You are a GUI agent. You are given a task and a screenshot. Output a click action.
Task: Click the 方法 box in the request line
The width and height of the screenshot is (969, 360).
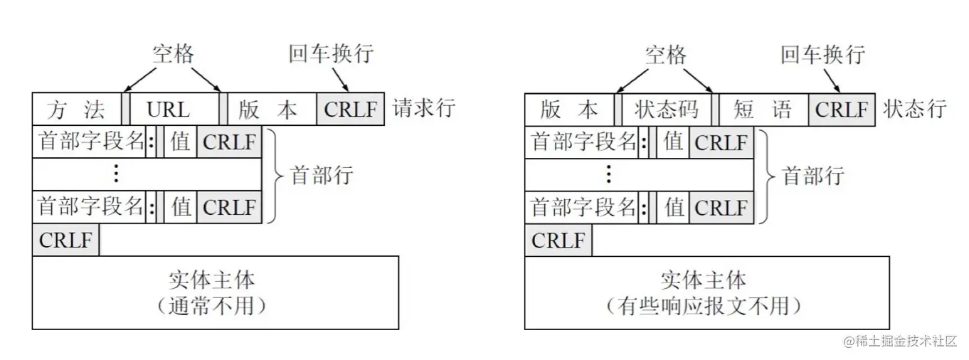[77, 109]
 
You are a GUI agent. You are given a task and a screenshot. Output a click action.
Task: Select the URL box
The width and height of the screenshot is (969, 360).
[169, 109]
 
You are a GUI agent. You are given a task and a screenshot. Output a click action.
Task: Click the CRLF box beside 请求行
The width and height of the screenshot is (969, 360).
[351, 109]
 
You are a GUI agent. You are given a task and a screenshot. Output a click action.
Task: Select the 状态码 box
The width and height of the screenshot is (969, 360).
[667, 109]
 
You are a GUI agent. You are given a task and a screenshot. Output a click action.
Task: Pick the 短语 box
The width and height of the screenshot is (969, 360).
[763, 109]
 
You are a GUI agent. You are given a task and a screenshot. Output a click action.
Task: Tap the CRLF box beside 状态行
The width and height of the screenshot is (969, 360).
[842, 109]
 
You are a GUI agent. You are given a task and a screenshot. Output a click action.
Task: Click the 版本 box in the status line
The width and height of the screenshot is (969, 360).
[570, 109]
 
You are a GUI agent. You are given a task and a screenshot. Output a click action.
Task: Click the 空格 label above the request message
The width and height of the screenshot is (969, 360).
[173, 54]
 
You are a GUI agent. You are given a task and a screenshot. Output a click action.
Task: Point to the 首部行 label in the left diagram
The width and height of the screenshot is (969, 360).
[322, 174]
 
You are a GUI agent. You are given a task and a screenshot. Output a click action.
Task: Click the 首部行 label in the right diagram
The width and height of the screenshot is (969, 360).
[813, 174]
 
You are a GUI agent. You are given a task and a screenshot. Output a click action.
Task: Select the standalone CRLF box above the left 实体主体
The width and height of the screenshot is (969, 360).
[65, 240]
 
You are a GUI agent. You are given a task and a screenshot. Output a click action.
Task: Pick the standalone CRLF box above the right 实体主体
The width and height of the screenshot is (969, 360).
[558, 240]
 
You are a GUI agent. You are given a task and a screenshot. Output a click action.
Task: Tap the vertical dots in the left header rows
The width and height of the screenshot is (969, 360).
[117, 174]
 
